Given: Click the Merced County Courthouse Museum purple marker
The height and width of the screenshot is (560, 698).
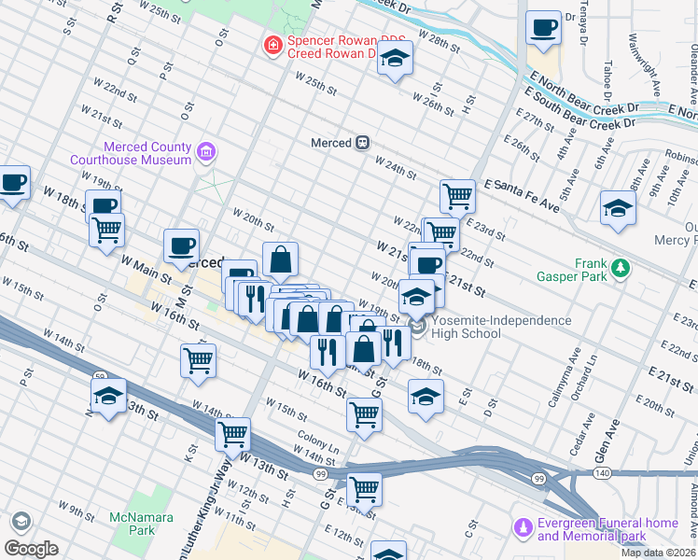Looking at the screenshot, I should [x=207, y=151].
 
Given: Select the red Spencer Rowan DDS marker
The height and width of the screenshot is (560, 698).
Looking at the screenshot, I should [x=272, y=45].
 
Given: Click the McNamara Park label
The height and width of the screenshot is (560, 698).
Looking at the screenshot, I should [x=130, y=524].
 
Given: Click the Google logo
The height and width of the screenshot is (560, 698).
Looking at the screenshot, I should [x=31, y=548].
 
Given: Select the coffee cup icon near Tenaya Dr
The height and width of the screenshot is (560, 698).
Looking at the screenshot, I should [x=543, y=27].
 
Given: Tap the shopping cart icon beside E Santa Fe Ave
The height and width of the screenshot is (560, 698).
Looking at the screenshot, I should [x=457, y=196].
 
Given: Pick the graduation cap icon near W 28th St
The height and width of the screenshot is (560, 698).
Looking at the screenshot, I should [x=395, y=59].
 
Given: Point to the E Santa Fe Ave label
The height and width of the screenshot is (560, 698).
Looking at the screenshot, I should [x=521, y=197].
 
